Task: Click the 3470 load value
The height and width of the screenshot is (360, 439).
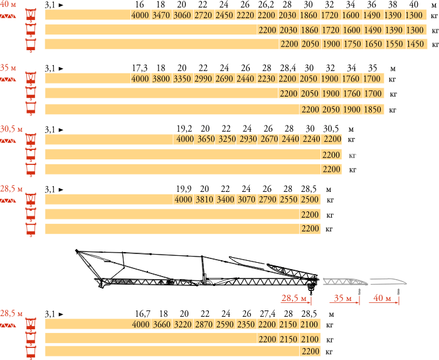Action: coord(161,15)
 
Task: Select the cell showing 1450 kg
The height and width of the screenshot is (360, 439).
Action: coord(415,44)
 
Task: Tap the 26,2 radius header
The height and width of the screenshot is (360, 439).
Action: coord(267,4)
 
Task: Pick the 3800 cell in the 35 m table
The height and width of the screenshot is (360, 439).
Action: coord(161,78)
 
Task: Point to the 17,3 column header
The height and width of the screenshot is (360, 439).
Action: coord(140,68)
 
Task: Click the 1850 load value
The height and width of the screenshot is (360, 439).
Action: coord(373,110)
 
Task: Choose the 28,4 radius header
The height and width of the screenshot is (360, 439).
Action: coord(288,68)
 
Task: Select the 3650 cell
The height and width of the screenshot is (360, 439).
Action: coord(206,139)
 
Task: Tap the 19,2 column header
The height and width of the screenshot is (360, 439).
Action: coord(184,129)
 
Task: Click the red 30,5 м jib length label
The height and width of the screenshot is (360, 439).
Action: coord(11,129)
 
